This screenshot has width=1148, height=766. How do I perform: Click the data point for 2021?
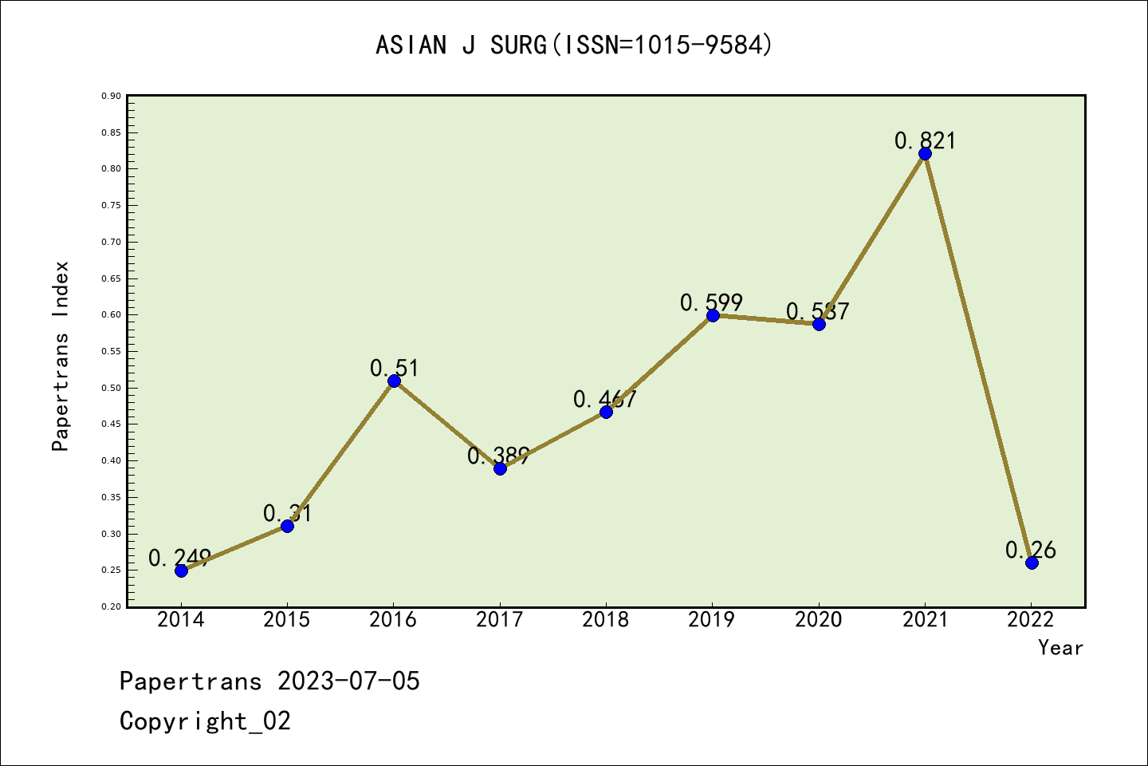[x=925, y=154]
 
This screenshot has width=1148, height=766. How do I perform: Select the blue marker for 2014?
[x=181, y=571]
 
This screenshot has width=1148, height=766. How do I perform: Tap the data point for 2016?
[x=394, y=381]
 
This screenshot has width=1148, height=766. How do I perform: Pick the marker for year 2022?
[x=1032, y=563]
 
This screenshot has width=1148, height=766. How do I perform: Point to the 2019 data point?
[x=713, y=315]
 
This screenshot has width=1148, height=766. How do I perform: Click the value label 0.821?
[x=925, y=140]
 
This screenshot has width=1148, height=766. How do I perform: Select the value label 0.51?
[x=394, y=368]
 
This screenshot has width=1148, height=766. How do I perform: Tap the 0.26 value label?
[x=1030, y=550]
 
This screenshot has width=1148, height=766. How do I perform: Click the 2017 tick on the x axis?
[x=499, y=619]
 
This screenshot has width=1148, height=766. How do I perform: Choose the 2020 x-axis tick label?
[x=818, y=619]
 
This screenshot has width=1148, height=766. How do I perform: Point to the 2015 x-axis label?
[x=287, y=619]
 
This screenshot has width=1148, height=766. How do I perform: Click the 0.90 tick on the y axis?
[x=112, y=96]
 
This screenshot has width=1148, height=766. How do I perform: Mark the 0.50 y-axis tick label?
[x=112, y=388]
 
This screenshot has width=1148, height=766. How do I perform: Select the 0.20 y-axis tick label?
[x=112, y=606]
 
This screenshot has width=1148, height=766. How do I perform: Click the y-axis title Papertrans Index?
[x=61, y=356]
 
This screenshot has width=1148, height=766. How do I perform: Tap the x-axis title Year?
[x=1060, y=647]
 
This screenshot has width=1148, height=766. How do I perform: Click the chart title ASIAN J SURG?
[x=574, y=45]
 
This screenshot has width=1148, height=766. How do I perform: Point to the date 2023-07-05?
[x=348, y=681]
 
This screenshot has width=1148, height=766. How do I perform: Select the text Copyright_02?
[x=205, y=721]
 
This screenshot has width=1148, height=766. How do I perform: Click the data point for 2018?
[x=606, y=412]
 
